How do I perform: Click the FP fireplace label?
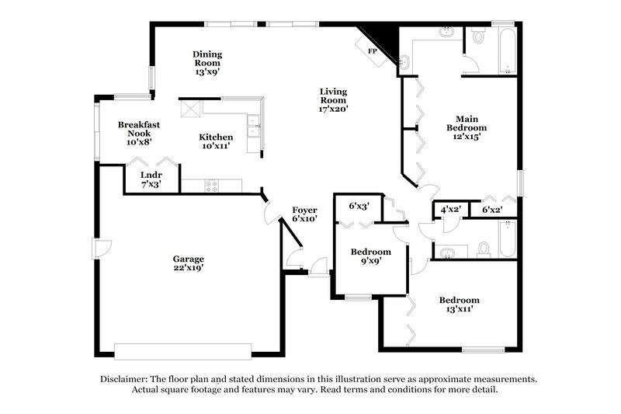click(372, 50)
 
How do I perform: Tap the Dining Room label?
click(207, 54)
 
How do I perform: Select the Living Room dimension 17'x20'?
click(333, 109)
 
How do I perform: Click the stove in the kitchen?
click(211, 185)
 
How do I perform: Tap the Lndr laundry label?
click(150, 176)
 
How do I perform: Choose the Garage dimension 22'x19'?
click(189, 268)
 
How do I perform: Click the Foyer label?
click(304, 210)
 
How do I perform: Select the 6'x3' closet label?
click(359, 206)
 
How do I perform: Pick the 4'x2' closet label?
click(451, 209)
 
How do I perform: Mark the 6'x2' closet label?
click(492, 209)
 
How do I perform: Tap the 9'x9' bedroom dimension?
click(369, 262)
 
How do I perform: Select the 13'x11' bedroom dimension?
click(458, 309)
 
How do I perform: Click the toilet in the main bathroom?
click(478, 35)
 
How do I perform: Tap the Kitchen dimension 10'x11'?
click(216, 146)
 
